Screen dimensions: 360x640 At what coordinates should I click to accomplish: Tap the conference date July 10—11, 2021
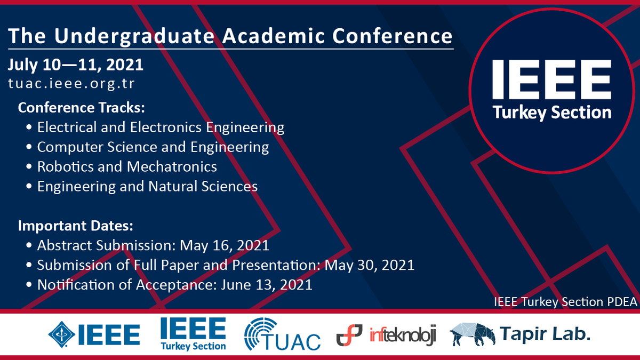76,65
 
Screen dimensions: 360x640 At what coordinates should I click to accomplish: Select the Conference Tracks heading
82,107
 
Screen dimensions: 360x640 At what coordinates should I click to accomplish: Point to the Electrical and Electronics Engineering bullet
161,127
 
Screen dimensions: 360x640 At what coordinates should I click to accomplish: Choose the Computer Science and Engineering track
153,147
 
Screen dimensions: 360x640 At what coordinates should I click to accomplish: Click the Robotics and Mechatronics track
127,166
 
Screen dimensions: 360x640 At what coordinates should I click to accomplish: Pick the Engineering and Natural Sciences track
147,186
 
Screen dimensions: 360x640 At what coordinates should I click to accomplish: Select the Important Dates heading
76,226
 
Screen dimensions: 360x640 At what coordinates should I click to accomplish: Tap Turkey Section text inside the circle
551,113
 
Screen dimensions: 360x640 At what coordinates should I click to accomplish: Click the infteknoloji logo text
403,335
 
